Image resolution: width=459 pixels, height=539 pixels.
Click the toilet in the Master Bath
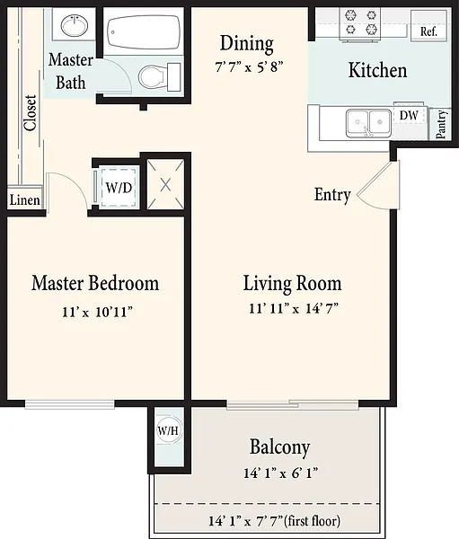coord(160,76)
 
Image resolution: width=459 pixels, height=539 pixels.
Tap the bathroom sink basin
coord(75,25)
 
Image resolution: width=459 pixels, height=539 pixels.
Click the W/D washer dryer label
coord(119,188)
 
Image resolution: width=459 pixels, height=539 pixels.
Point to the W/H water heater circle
coord(168,429)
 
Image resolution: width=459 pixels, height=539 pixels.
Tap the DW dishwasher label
coord(409,116)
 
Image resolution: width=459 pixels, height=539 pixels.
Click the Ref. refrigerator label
coord(428,31)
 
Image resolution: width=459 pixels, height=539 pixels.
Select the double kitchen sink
coord(368,123)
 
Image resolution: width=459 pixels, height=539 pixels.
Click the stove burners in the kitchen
coord(361,22)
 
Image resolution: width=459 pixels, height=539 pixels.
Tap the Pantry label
coord(441,124)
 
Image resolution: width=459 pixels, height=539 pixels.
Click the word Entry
coord(332,195)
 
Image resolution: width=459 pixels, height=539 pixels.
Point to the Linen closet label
coord(24,199)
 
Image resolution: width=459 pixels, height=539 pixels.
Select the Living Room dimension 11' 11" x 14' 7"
coord(294,308)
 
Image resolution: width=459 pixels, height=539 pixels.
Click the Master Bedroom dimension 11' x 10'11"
coord(97,312)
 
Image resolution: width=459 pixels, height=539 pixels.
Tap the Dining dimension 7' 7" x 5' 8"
coord(249,66)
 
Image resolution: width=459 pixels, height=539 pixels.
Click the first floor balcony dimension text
coord(274,521)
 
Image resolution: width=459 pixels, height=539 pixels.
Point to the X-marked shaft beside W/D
coord(165,184)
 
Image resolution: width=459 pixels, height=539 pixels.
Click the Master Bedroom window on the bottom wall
coord(69,404)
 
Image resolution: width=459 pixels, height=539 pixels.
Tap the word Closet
coord(31,113)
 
